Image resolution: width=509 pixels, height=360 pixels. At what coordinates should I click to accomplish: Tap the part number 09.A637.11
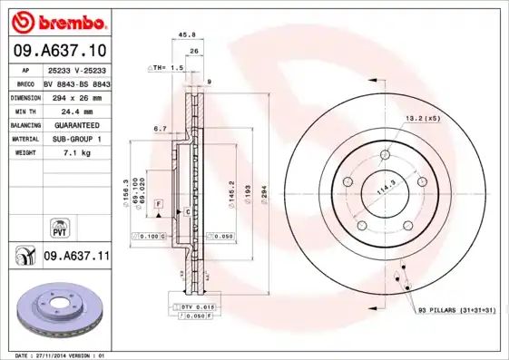(x=76, y=257)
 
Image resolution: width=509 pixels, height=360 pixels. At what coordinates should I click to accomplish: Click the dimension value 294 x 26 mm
(x=76, y=95)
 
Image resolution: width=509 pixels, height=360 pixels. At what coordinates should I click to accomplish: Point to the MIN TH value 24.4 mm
(x=76, y=110)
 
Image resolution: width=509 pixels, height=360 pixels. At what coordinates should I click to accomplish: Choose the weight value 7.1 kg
(x=76, y=153)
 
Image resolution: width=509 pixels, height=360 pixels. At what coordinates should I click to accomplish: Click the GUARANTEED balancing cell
(x=76, y=124)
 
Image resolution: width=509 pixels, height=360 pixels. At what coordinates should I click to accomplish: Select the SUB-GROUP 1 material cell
(x=76, y=139)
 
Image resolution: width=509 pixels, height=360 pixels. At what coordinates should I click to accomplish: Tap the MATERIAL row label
(x=26, y=139)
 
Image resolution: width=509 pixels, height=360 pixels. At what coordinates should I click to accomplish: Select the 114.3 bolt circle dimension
(x=386, y=188)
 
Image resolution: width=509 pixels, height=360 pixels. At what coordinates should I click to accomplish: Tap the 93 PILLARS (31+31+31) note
(x=458, y=311)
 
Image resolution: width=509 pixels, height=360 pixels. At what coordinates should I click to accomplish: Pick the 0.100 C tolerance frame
(x=148, y=236)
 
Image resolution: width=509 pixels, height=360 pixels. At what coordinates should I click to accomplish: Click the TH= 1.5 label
(x=168, y=68)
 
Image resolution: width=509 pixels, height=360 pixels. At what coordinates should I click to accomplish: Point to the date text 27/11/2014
(x=66, y=355)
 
